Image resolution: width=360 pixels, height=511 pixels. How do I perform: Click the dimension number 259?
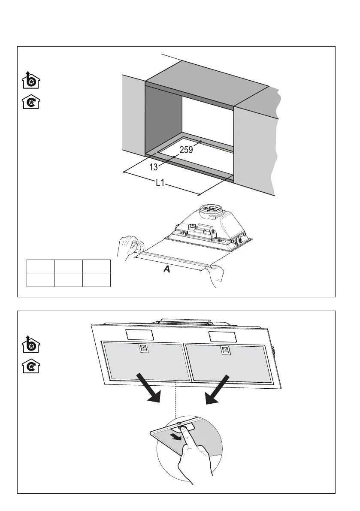tap(186, 150)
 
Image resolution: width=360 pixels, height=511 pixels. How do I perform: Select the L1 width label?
tap(160, 183)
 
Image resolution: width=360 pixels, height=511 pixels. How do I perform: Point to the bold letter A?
tap(167, 270)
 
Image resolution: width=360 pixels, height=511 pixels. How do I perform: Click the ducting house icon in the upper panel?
tap(30, 81)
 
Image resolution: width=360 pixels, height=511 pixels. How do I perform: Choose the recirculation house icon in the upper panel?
tap(30, 102)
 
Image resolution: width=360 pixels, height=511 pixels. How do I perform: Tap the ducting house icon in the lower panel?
tap(30, 345)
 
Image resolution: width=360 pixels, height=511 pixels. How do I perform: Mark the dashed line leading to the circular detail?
tap(176, 399)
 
